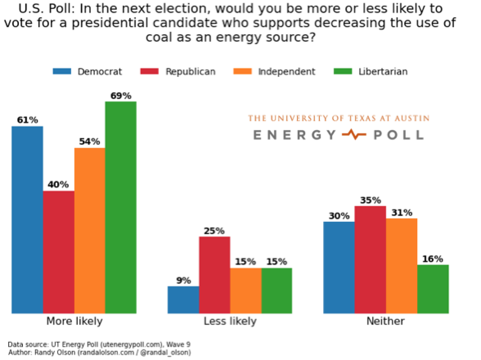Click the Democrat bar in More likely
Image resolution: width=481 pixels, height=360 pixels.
tap(27, 220)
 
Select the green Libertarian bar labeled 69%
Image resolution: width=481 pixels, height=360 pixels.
tap(121, 207)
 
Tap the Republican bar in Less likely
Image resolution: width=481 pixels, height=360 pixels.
tap(214, 275)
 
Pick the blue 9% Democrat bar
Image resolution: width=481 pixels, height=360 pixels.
tap(183, 300)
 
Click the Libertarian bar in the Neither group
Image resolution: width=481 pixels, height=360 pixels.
tap(433, 289)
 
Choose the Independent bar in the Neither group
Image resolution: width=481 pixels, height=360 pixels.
tap(402, 266)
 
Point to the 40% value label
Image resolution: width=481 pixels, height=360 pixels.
tap(58, 184)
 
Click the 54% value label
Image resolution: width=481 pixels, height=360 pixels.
tap(90, 142)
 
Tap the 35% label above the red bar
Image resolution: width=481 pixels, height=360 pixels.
tap(371, 200)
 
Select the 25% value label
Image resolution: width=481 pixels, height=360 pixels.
tap(214, 231)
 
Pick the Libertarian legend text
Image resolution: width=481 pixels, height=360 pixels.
tap(383, 72)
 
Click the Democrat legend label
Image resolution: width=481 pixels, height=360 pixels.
tap(100, 72)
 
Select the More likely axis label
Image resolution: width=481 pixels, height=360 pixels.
tap(74, 321)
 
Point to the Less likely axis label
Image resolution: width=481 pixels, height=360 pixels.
tap(230, 321)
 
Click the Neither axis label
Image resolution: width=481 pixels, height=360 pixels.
tap(385, 321)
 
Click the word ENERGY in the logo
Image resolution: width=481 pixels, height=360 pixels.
tap(294, 135)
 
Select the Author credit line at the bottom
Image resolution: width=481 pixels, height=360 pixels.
tap(99, 352)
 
